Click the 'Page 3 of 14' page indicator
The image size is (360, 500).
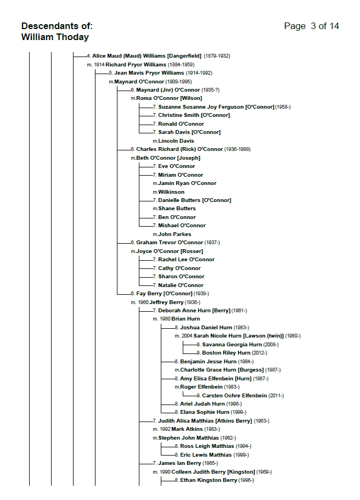click(311, 26)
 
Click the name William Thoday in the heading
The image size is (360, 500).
click(55, 37)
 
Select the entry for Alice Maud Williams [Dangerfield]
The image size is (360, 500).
click(147, 56)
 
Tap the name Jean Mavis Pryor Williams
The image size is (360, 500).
click(149, 73)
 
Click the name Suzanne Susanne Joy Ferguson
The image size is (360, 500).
click(216, 107)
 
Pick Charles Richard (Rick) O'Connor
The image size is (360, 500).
click(179, 149)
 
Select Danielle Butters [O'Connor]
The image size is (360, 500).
click(194, 200)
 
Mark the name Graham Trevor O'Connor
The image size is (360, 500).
click(170, 243)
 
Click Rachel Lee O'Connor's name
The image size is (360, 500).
click(186, 260)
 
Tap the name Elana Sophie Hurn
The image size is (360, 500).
click(204, 412)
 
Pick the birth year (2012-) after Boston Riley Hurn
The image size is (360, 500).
click(260, 353)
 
